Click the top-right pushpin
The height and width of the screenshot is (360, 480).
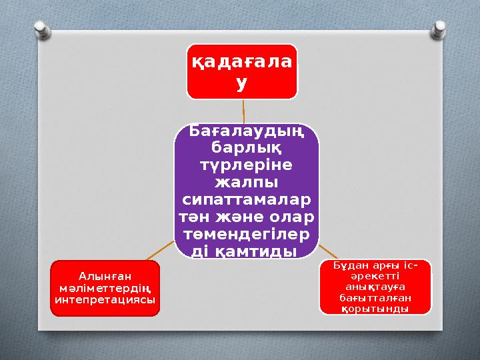point(440,29)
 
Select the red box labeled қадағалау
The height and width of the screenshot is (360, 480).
point(241,72)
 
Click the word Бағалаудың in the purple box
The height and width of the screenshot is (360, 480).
point(246,131)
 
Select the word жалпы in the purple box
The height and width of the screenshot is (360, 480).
point(246,181)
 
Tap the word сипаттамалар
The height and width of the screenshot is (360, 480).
point(246,199)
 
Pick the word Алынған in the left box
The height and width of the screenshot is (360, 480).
point(105,275)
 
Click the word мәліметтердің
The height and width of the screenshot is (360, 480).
point(105,287)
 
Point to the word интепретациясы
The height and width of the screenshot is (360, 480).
point(105,299)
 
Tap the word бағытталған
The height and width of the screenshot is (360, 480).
point(375,299)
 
